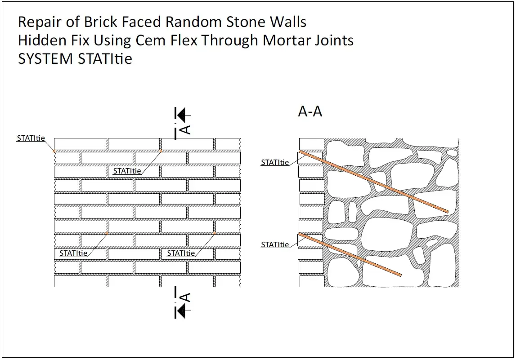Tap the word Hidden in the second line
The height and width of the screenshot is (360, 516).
[x=37, y=40]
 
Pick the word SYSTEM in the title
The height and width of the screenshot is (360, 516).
[x=45, y=59]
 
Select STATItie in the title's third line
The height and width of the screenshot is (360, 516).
[x=105, y=59]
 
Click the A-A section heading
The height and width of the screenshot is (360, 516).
[x=310, y=111]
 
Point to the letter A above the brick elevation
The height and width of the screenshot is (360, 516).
[x=185, y=129]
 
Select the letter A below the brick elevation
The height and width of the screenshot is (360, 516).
[x=185, y=297]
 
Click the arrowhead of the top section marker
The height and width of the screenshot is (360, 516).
[x=181, y=116]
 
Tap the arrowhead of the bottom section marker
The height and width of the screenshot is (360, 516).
[x=181, y=311]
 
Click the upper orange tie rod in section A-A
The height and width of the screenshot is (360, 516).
[x=373, y=182]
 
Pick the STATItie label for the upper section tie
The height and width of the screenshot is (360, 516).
[x=275, y=163]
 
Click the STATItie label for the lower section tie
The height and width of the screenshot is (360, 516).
[x=275, y=245]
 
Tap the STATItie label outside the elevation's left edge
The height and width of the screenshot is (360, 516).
[x=31, y=138]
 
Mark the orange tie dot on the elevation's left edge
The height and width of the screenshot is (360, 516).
[x=54, y=151]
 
